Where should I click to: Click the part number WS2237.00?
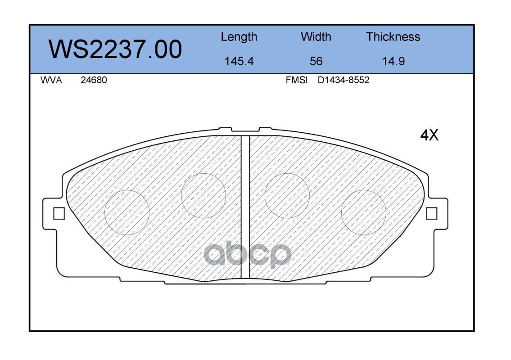(115, 49)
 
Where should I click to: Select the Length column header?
(239, 37)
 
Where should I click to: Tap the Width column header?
(316, 37)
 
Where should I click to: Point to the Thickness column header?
(393, 37)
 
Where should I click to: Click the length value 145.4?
(239, 61)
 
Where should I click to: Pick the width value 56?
(316, 61)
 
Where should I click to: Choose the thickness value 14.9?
(393, 61)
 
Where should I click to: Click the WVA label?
(51, 80)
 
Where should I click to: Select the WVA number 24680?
(94, 80)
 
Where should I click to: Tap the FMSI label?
(296, 80)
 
